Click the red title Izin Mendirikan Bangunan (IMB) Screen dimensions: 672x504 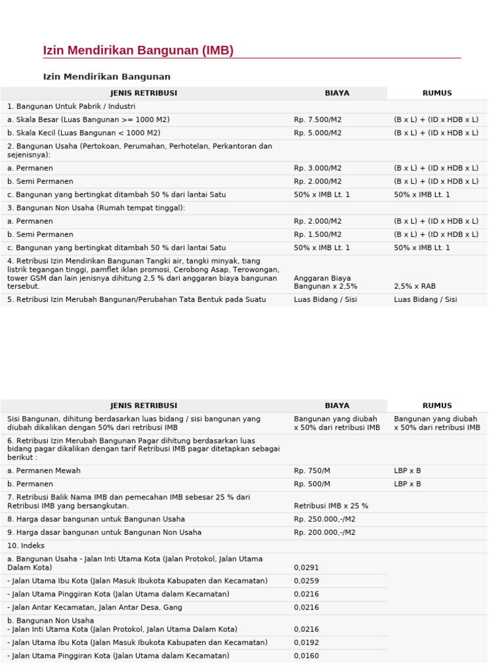138,51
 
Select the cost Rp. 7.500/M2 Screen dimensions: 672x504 318,119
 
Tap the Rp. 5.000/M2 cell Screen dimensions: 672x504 318,133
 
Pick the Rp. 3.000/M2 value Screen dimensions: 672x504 318,168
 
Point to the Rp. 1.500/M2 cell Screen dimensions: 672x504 318,234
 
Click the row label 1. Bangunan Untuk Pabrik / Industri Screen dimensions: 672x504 72,106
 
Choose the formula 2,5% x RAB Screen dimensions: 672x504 415,286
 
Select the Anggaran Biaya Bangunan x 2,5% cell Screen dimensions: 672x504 325,282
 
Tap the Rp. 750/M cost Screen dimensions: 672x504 312,471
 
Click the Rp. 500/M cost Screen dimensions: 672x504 312,484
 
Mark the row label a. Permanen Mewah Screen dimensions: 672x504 44,471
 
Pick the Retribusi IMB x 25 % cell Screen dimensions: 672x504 331,506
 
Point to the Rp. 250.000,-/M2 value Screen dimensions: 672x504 325,519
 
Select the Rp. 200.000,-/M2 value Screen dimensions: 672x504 325,532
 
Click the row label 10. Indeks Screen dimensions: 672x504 26,545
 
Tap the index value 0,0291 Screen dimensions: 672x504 306,568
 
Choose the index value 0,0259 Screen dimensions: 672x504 306,581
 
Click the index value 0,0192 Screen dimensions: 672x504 306,642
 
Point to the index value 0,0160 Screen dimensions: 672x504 306,656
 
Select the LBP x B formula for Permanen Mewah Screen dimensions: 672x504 408,471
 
